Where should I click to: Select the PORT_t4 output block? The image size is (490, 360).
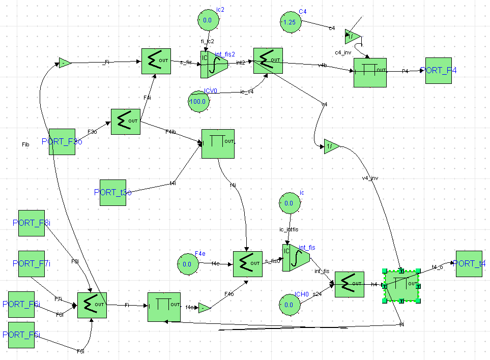tap(469, 263)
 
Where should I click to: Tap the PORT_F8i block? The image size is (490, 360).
tap(32, 223)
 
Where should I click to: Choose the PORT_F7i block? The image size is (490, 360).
tap(32, 263)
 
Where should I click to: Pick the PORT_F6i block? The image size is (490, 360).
tap(21, 304)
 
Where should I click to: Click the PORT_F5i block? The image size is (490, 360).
tap(21, 335)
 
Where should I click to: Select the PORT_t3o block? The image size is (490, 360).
tap(113, 192)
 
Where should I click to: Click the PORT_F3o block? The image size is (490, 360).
tap(62, 141)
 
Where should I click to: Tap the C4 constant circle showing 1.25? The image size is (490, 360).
tap(290, 22)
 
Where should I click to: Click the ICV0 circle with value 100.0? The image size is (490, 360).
tap(198, 101)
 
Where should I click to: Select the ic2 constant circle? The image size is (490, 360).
tap(208, 20)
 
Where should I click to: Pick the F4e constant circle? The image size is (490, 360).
tap(187, 264)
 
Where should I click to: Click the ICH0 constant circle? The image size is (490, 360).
tap(289, 305)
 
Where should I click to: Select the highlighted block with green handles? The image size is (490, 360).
tap(401, 286)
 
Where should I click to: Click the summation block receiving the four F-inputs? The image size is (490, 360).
tap(92, 305)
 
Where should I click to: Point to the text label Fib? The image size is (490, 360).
tap(25, 145)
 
